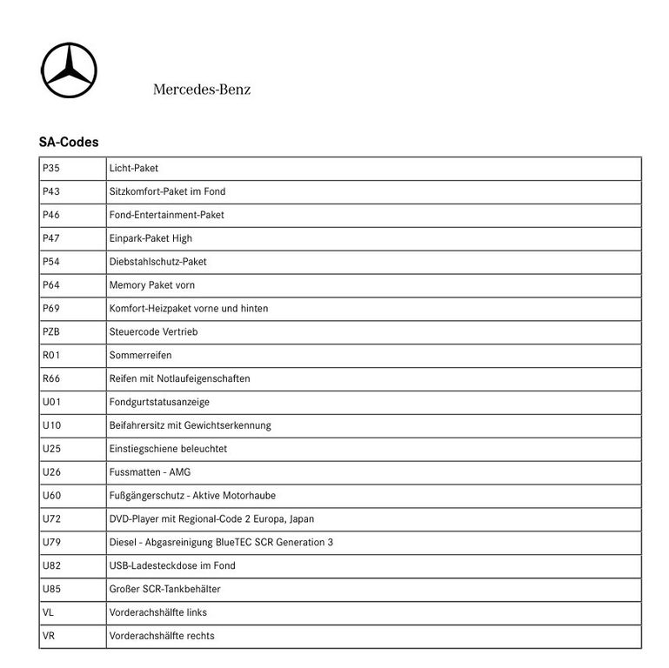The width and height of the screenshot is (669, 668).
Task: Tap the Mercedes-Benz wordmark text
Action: tap(202, 90)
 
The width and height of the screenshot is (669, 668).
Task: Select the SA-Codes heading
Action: tap(69, 142)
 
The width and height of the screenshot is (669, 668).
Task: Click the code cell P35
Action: tap(50, 168)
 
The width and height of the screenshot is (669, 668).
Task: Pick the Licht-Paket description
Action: tap(134, 168)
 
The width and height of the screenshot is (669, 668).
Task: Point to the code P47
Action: tap(50, 238)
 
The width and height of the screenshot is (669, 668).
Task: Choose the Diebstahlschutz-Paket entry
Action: tap(157, 262)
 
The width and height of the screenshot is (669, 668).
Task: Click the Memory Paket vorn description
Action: tap(152, 285)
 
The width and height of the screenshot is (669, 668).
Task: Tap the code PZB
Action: tap(50, 332)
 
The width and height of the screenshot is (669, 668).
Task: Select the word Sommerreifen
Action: tap(140, 356)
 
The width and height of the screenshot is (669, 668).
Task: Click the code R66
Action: tap(50, 379)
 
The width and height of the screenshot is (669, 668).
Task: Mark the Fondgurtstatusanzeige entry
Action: tap(159, 403)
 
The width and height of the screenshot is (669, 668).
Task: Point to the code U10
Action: tap(50, 426)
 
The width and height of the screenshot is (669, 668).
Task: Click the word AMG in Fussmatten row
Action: tap(179, 472)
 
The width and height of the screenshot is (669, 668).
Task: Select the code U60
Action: tap(50, 496)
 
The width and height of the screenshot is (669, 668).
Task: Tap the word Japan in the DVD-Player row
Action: tap(301, 519)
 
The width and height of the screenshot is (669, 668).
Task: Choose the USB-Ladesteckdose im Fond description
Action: tap(172, 566)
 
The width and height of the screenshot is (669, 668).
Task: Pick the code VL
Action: tap(48, 612)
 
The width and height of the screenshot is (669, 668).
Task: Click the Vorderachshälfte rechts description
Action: tap(162, 636)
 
